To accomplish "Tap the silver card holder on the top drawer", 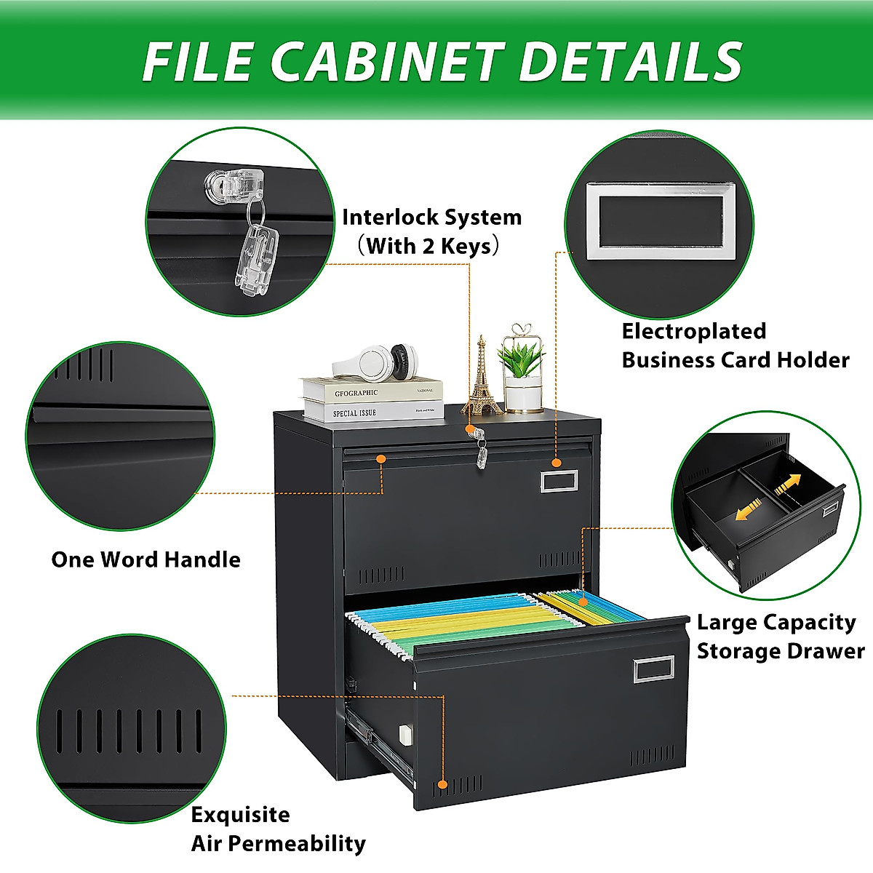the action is point(559,481).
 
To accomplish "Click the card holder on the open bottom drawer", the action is point(654,669).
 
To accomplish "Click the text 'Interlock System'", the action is point(432,218).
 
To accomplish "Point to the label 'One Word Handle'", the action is point(145,559).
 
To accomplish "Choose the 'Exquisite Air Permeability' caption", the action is point(278,829).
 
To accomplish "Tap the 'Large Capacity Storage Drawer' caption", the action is point(780,637).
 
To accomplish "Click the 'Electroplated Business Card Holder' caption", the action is point(735,346).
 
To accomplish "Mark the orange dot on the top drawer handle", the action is point(380,459).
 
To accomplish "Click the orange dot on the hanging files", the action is point(583,601).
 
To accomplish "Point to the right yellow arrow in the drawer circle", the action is point(787,484).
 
